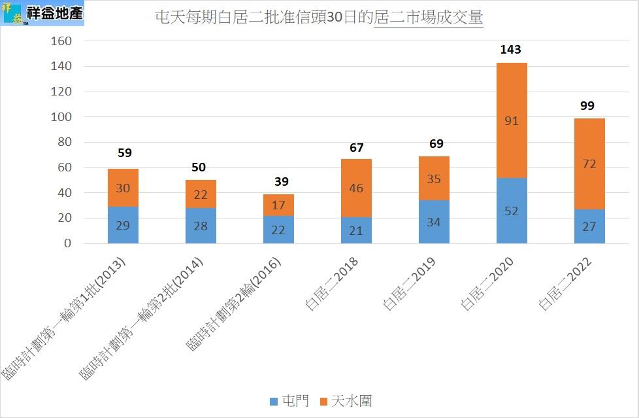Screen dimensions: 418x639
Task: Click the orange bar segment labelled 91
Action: point(512,120)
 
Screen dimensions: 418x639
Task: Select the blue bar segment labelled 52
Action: point(512,211)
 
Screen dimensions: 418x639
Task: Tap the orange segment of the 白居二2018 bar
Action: point(356,188)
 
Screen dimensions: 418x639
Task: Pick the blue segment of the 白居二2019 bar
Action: point(434,222)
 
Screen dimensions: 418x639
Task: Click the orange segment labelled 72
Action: point(589,164)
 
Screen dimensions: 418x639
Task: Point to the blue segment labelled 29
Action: point(123,225)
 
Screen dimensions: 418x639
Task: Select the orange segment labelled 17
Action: point(278,205)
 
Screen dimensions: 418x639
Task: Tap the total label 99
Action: point(587,105)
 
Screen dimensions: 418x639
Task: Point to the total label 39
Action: point(282,181)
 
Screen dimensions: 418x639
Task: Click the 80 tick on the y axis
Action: point(64,143)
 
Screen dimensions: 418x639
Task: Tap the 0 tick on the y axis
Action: point(67,243)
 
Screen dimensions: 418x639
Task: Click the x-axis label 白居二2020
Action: point(487,283)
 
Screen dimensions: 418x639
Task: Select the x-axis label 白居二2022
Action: point(565,283)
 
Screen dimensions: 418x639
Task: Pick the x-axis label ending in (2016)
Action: point(234,304)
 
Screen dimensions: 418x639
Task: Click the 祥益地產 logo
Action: point(43,13)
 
